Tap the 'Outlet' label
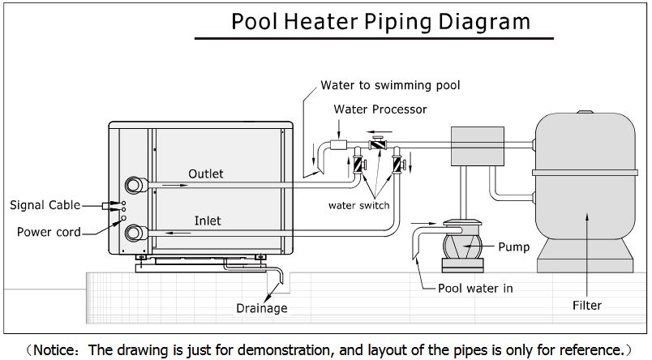[205, 174]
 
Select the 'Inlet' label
[207, 220]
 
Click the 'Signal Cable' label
[45, 205]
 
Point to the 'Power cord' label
[49, 232]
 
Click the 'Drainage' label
[261, 308]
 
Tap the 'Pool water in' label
[475, 287]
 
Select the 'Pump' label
[513, 246]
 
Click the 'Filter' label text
[586, 306]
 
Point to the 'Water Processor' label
[380, 109]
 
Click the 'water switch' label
[358, 205]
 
